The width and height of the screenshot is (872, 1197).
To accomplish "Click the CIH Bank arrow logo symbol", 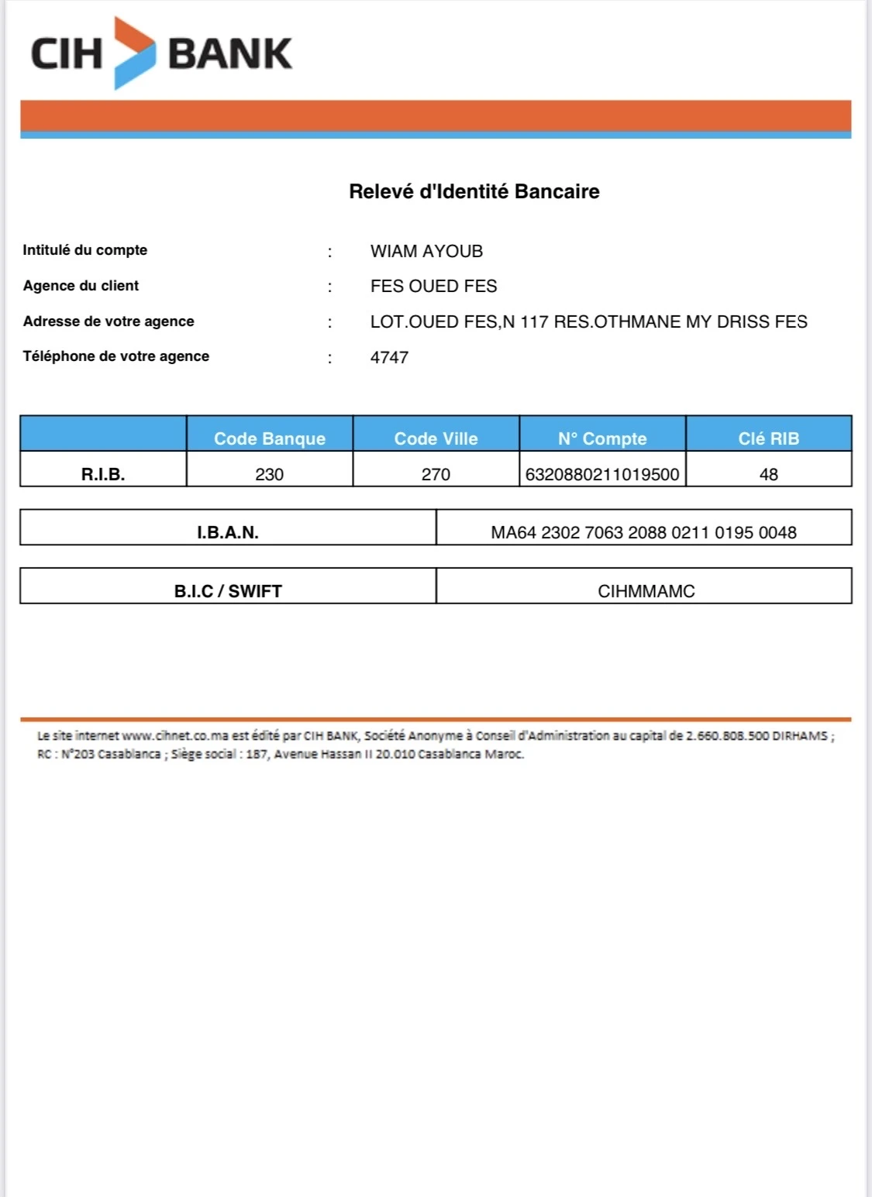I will pyautogui.click(x=134, y=53).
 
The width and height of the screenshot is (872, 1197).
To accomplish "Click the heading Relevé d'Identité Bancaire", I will pyautogui.click(x=474, y=191).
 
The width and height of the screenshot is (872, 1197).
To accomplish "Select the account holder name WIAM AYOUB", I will pyautogui.click(x=426, y=251).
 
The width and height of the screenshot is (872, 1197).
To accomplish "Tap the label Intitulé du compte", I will pyautogui.click(x=84, y=250).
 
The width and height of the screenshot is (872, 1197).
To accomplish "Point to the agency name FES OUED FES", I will pyautogui.click(x=433, y=286).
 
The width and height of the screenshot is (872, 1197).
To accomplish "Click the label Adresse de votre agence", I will pyautogui.click(x=109, y=322).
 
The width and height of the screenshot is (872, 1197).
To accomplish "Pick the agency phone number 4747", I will pyautogui.click(x=389, y=357).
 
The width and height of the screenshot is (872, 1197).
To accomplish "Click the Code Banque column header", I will pyautogui.click(x=269, y=439).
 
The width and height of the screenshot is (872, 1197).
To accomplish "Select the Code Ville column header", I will pyautogui.click(x=436, y=439).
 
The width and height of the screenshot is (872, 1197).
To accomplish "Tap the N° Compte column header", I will pyautogui.click(x=602, y=439).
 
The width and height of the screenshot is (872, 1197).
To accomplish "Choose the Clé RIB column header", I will pyautogui.click(x=768, y=439).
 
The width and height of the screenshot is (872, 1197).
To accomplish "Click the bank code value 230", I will pyautogui.click(x=269, y=474).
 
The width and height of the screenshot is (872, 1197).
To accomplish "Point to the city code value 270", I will pyautogui.click(x=436, y=474).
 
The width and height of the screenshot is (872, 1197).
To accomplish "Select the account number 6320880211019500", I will pyautogui.click(x=602, y=474).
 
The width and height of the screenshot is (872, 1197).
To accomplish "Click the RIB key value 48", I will pyautogui.click(x=768, y=474).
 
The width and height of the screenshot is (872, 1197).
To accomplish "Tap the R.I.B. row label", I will pyautogui.click(x=103, y=474).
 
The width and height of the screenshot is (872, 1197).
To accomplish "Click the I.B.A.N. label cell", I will pyautogui.click(x=227, y=532).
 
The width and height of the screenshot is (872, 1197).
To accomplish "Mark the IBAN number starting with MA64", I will pyautogui.click(x=643, y=532).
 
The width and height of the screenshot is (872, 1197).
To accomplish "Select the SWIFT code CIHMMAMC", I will pyautogui.click(x=646, y=591).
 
